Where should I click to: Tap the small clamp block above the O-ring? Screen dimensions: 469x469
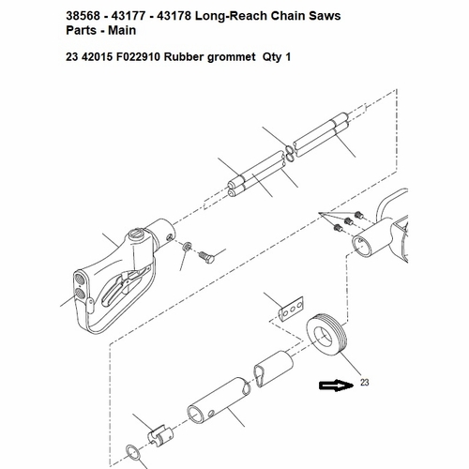pos(160,435)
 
